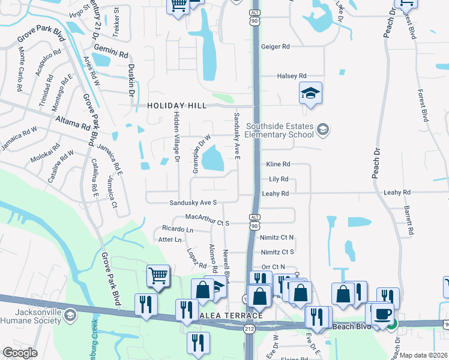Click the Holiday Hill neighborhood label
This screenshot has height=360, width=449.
[x=177, y=106]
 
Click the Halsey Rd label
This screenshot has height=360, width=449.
[x=292, y=76]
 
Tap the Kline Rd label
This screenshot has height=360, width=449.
[x=279, y=164]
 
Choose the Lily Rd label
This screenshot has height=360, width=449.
[x=279, y=179]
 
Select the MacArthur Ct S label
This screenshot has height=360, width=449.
[x=208, y=217]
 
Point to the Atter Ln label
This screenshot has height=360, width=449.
[x=169, y=240]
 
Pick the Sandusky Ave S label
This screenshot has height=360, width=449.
[x=193, y=203]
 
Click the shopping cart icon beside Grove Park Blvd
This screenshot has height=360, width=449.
[x=158, y=277]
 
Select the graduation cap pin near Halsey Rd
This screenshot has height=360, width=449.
[x=310, y=93]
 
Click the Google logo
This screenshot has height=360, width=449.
[x=20, y=352]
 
